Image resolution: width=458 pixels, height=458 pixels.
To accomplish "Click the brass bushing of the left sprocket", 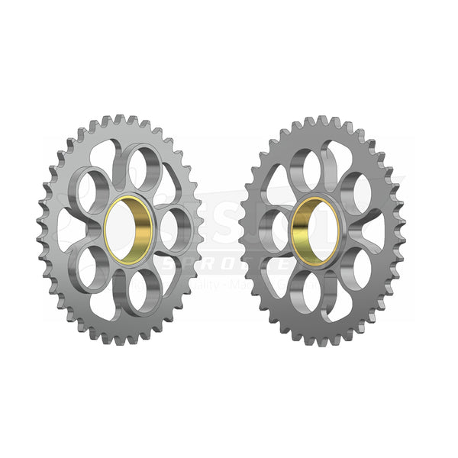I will (130, 229).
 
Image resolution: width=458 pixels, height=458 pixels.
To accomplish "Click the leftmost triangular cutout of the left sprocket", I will (67, 229).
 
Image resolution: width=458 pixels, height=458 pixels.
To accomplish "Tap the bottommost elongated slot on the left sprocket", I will (107, 303).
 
